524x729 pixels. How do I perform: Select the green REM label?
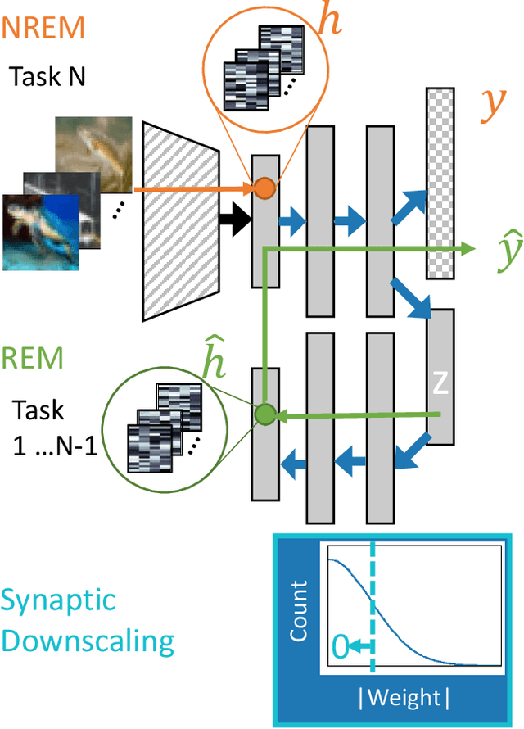coord(33,358)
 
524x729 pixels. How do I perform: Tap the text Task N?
coord(47,76)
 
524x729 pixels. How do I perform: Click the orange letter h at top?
coord(330,22)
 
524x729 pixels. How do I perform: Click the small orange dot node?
coord(264,189)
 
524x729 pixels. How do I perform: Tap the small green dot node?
coord(264,414)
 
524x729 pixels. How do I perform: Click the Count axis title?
coord(300,611)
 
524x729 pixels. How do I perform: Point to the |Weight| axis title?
coord(404,697)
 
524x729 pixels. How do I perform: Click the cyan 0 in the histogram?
coord(338,647)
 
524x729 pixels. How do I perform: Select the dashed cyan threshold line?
coord(373,607)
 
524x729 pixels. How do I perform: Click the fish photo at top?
coord(94,147)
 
